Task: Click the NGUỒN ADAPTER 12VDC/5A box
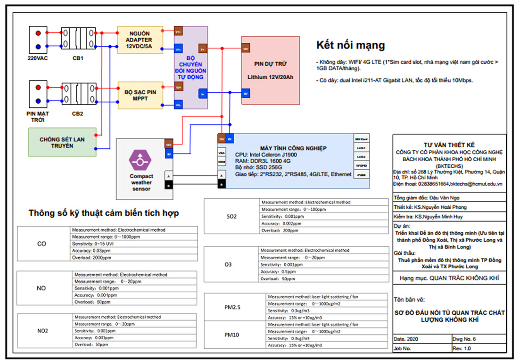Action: click(x=140, y=40)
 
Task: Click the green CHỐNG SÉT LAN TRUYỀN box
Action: click(x=63, y=142)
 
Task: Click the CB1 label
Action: click(x=78, y=58)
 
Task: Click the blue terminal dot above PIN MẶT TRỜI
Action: click(x=38, y=100)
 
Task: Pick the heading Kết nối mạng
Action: click(x=350, y=45)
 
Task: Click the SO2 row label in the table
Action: click(x=232, y=217)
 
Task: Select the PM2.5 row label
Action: click(x=232, y=307)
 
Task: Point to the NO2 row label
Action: click(x=42, y=331)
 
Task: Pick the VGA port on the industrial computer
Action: click(x=221, y=153)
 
